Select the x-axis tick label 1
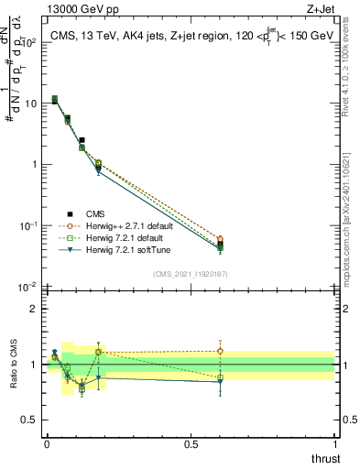tap(334, 444)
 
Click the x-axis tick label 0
tap(46, 444)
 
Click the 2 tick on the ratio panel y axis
tap(33, 309)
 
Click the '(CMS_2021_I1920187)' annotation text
tap(190, 273)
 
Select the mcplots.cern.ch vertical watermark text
tap(351, 220)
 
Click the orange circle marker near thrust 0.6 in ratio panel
tap(220, 351)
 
